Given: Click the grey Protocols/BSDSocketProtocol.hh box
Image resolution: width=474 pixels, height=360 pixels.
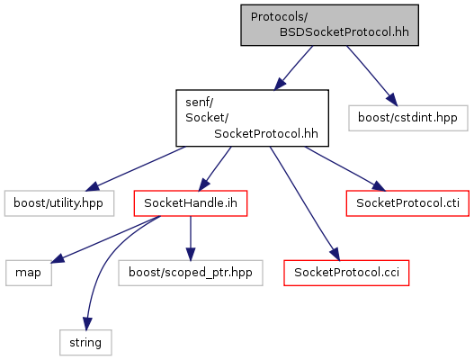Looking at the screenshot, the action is click(x=329, y=25).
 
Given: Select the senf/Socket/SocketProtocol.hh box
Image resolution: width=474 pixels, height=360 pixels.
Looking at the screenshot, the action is click(x=253, y=118).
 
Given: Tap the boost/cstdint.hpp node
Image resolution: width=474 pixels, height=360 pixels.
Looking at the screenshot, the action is click(x=408, y=118).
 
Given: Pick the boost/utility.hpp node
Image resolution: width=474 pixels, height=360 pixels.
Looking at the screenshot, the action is click(x=59, y=203).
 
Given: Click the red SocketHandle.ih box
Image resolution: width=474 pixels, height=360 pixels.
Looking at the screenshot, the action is click(x=191, y=203).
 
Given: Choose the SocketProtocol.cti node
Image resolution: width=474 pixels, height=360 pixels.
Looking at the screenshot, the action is click(x=407, y=203).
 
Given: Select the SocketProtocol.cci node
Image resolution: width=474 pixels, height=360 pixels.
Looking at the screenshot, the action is click(x=346, y=273).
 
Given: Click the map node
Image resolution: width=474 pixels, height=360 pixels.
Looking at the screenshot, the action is click(x=29, y=273).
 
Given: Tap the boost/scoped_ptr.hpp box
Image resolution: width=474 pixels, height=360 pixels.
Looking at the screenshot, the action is click(x=191, y=273).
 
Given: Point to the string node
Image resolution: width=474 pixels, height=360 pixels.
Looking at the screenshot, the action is click(x=85, y=343).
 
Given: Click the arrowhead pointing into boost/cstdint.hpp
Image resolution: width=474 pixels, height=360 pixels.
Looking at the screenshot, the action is click(x=392, y=100).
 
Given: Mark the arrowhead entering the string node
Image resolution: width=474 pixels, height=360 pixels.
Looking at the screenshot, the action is click(x=87, y=324).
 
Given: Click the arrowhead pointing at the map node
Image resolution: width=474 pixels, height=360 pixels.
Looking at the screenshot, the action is click(x=58, y=258).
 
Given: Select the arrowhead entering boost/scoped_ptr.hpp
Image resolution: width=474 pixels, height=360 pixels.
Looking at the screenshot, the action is click(x=191, y=254).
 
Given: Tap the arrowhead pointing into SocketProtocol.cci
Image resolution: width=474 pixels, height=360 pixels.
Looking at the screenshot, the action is click(x=335, y=255).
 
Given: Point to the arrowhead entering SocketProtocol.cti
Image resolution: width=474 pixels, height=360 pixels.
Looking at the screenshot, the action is click(x=379, y=186).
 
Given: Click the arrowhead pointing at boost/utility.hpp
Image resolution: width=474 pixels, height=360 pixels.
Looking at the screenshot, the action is click(x=93, y=186).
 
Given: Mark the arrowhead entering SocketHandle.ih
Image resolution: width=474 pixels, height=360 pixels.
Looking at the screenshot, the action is click(x=204, y=184).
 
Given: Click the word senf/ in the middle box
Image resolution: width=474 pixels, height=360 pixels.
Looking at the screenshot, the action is click(x=199, y=103).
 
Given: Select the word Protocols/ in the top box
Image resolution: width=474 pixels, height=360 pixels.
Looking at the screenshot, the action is click(x=279, y=17).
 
